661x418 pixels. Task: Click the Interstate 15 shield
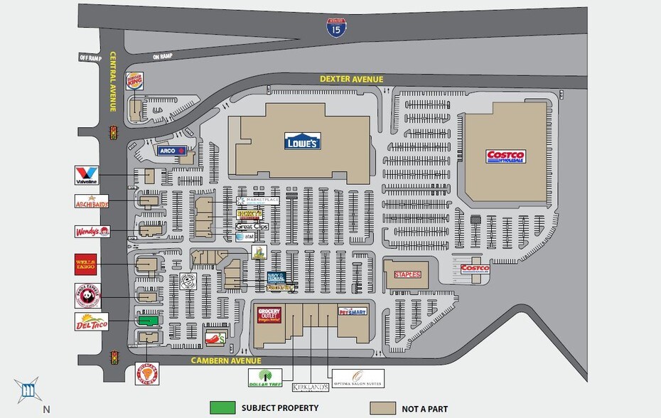coord(337,28)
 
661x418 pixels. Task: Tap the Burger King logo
coord(134,81)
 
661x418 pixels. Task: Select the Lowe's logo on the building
coord(302,141)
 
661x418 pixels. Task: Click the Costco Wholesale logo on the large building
coord(505,156)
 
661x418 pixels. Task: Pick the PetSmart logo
coord(352,311)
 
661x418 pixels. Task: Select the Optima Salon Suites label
coord(358,377)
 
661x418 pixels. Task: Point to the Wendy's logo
coord(92,232)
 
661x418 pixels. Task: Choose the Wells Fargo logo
coord(85,264)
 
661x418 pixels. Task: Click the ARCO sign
coord(171,151)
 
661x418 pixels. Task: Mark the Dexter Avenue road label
coord(351,79)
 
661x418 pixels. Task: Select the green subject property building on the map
coord(148,321)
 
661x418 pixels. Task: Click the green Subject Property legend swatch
coord(222,408)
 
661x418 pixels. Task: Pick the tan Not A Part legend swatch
coord(382,408)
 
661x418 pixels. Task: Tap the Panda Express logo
coord(88,295)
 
